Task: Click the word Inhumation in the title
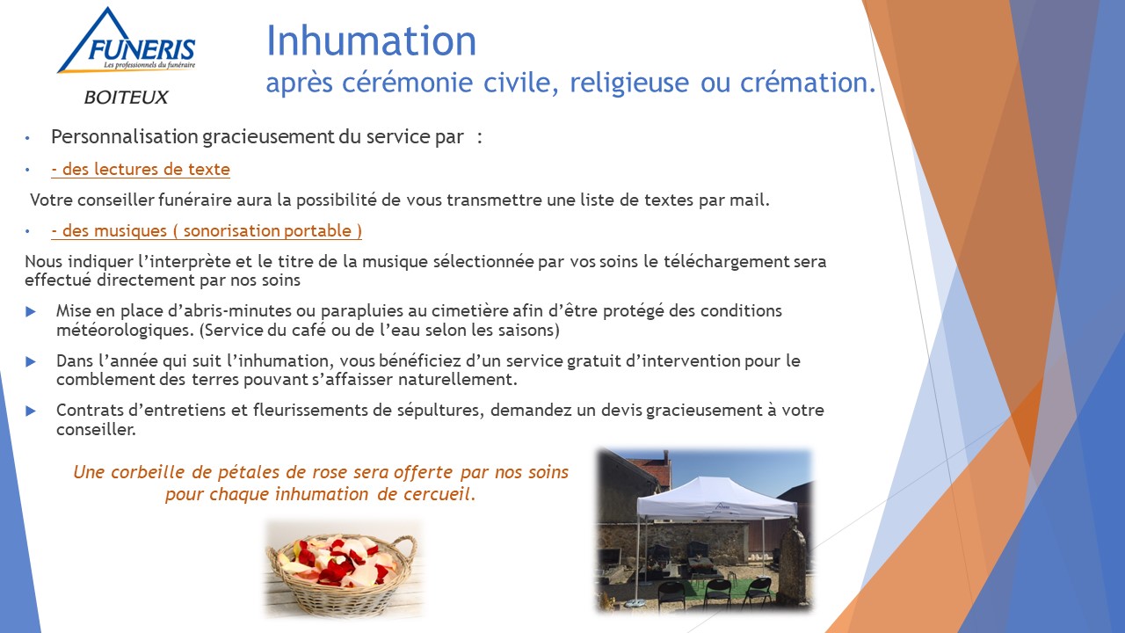(x=371, y=40)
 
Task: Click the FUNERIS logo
(x=126, y=40)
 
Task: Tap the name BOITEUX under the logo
(x=126, y=97)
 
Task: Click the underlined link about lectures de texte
(x=141, y=170)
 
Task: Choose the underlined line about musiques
(x=207, y=230)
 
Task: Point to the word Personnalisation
(x=125, y=136)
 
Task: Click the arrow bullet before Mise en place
(x=31, y=312)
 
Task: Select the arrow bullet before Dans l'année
(x=31, y=361)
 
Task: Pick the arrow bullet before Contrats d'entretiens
(x=31, y=411)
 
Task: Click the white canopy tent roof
(x=716, y=498)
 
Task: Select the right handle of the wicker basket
(x=405, y=550)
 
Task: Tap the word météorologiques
(x=125, y=331)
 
